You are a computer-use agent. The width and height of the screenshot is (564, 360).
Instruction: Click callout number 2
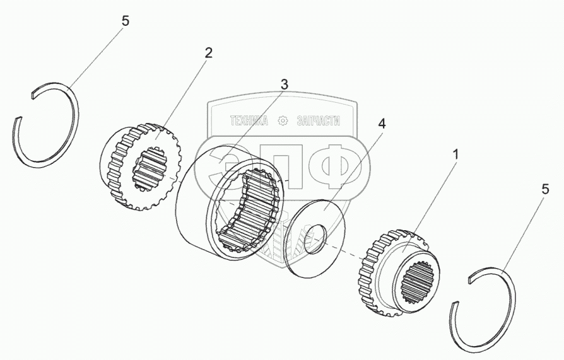[208, 53]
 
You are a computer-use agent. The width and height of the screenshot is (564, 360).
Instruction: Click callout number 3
[285, 84]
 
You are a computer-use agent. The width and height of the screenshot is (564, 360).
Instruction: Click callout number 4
[380, 123]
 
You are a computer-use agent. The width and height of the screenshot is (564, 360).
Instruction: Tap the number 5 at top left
[125, 21]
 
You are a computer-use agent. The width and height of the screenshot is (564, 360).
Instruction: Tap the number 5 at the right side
[544, 189]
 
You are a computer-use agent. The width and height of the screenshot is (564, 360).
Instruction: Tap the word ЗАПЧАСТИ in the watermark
[318, 120]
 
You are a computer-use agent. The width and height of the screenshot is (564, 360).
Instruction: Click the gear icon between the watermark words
[283, 120]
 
